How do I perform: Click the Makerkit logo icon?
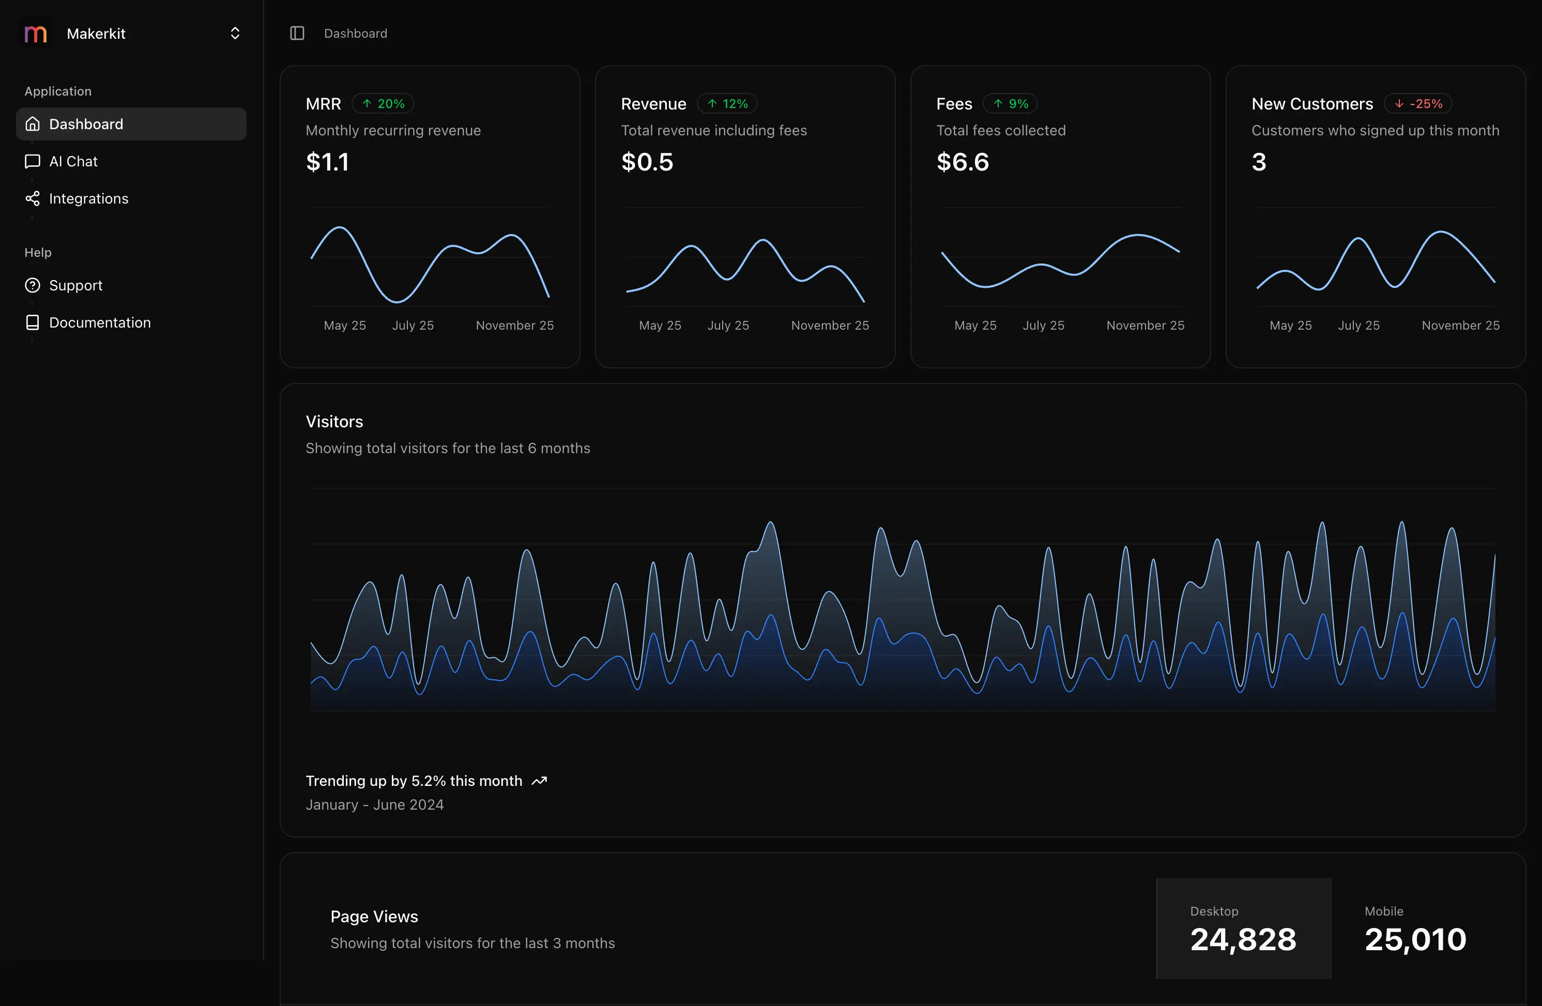(x=36, y=34)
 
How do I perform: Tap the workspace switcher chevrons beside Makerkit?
(x=235, y=34)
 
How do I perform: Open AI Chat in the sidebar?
(x=73, y=161)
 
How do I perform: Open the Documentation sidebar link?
(x=99, y=322)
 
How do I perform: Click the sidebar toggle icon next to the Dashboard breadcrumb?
(x=297, y=34)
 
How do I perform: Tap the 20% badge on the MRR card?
(x=383, y=104)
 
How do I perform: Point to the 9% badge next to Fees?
(x=1010, y=104)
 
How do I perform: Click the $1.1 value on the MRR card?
(x=327, y=162)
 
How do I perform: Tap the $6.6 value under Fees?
(x=962, y=162)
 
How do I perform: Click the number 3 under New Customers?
(x=1258, y=162)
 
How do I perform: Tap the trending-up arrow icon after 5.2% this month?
(x=539, y=781)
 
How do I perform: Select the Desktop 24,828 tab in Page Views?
(x=1243, y=928)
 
